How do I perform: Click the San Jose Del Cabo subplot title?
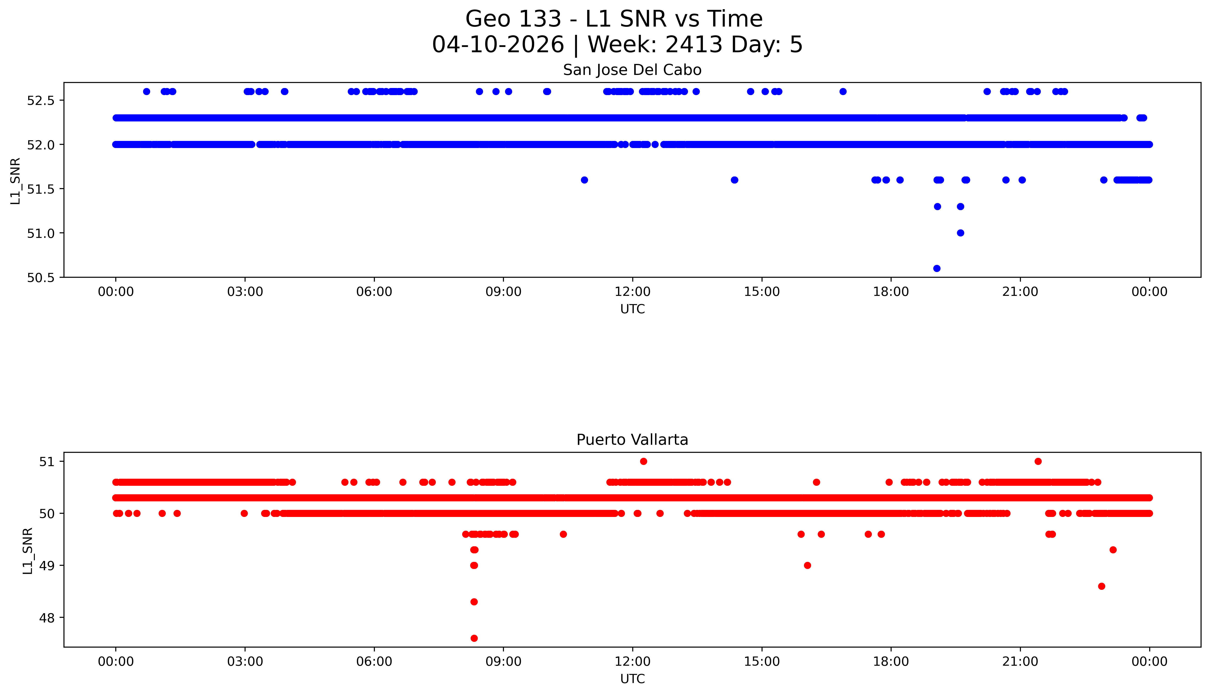[x=632, y=70]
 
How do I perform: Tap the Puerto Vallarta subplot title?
[x=632, y=440]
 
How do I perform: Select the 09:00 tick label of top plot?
[x=503, y=292]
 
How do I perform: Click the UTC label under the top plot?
[x=632, y=309]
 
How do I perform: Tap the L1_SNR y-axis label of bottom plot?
[x=28, y=550]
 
